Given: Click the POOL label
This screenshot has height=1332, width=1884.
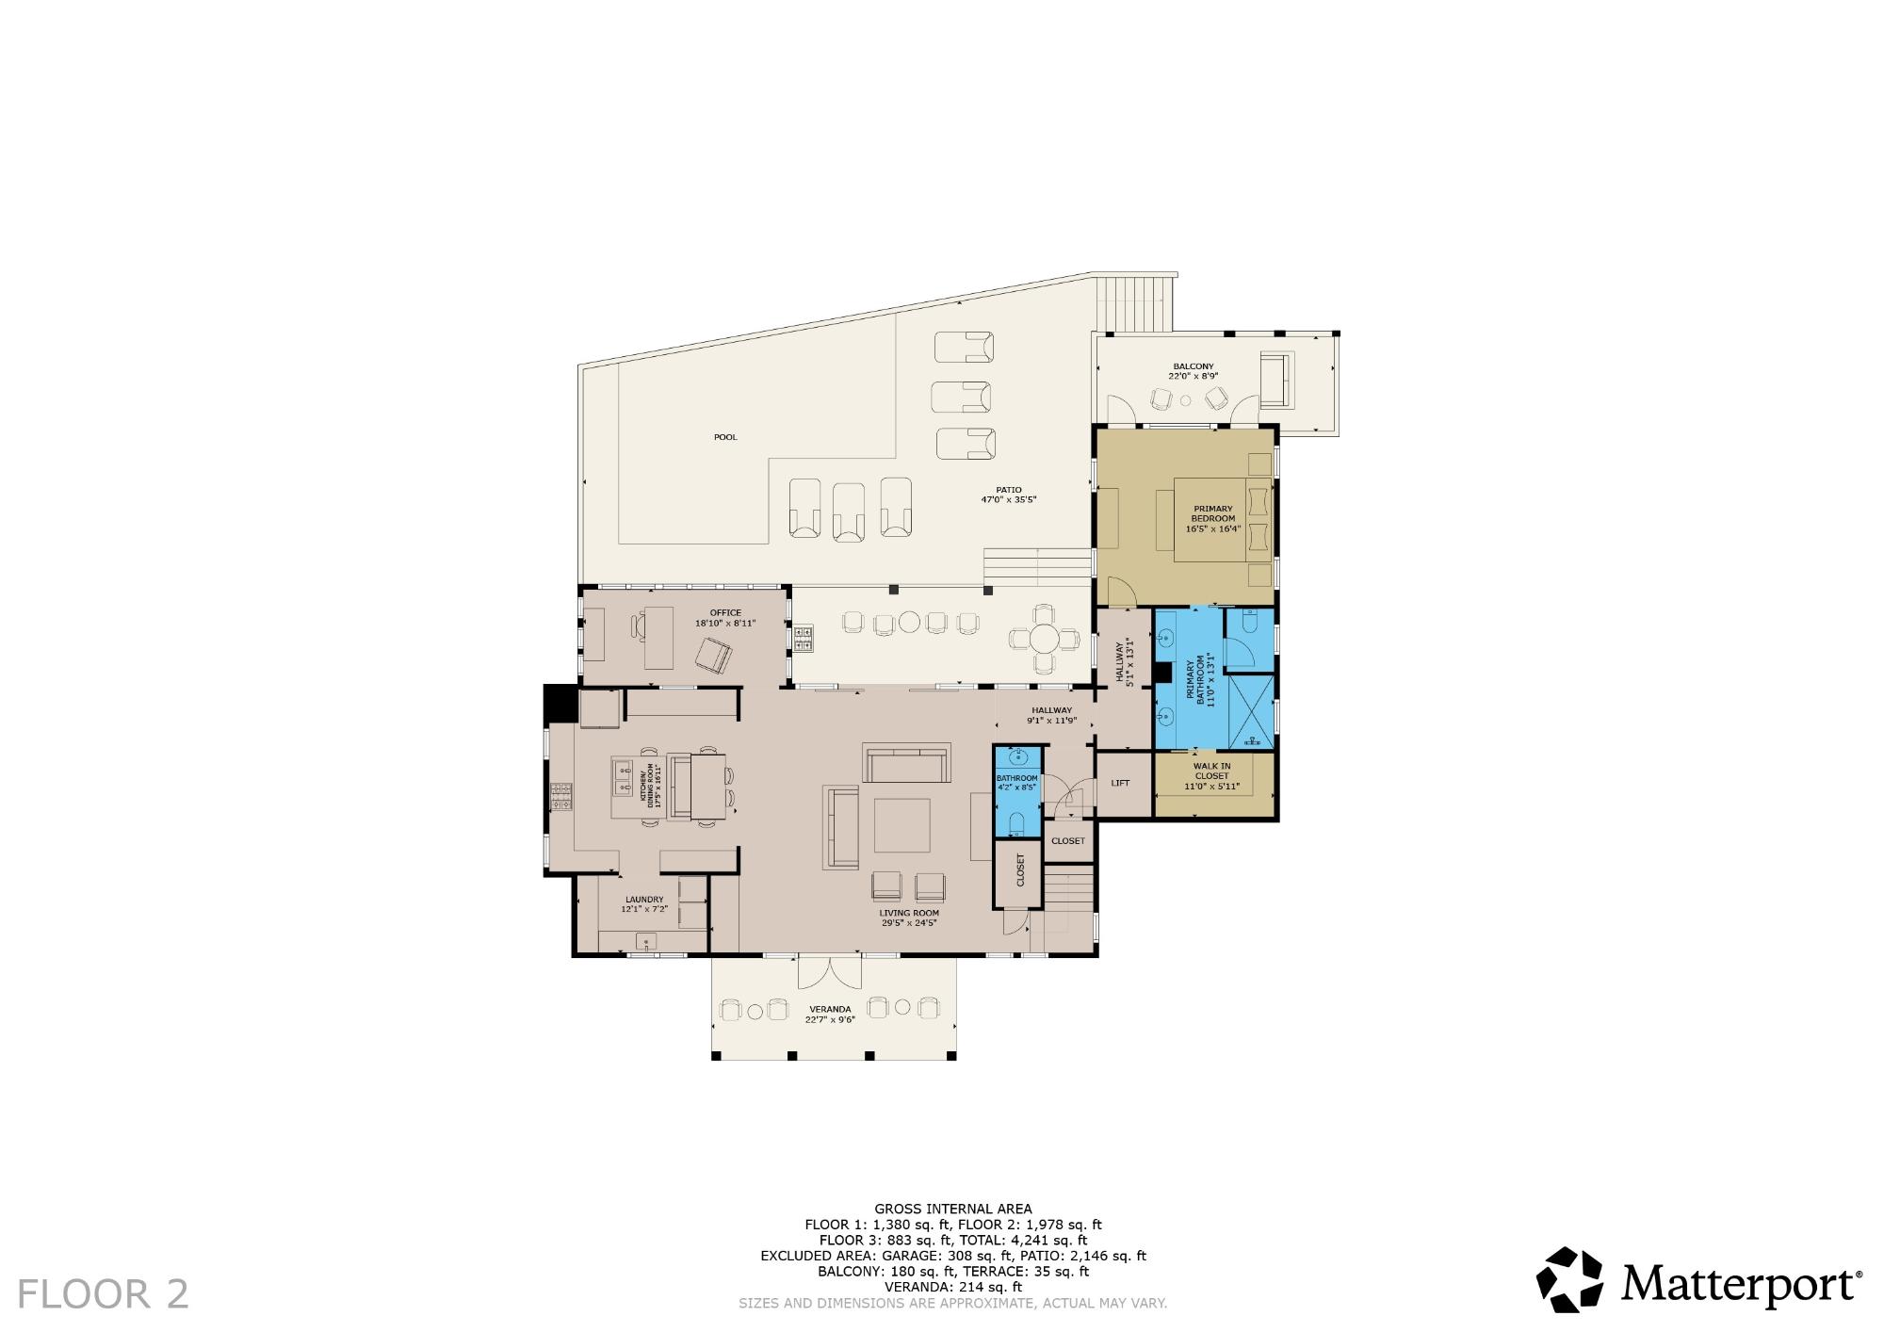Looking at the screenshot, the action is tap(725, 437).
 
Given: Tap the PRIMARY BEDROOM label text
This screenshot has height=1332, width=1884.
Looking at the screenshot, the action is tap(1212, 513).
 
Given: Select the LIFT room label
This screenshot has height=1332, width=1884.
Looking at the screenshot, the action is tap(1120, 783).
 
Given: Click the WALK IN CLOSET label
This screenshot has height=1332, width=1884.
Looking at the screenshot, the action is tap(1211, 772).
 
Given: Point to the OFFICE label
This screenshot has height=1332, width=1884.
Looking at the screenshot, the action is tap(725, 612).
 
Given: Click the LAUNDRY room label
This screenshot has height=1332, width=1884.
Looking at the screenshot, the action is tap(644, 900).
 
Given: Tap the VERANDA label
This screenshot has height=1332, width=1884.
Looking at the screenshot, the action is tap(830, 1009).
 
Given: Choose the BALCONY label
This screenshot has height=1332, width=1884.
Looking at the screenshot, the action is tap(1193, 366).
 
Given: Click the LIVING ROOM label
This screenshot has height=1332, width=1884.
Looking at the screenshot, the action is tap(909, 913).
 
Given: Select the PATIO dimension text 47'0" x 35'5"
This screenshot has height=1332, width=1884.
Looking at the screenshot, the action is tap(1008, 500).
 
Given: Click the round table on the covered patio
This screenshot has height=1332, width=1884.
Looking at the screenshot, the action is tap(1044, 640).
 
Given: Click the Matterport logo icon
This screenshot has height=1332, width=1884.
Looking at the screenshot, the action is tap(1570, 1280).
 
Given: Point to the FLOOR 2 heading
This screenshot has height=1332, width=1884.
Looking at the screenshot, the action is tap(104, 1294).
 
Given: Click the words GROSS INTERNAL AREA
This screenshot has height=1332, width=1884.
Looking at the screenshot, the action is tap(953, 1209).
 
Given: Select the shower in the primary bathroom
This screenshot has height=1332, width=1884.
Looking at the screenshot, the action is tap(1251, 713).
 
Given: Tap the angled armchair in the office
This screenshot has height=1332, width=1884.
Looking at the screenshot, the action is tap(715, 655).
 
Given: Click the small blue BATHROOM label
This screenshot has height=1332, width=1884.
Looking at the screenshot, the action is tap(1017, 778).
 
